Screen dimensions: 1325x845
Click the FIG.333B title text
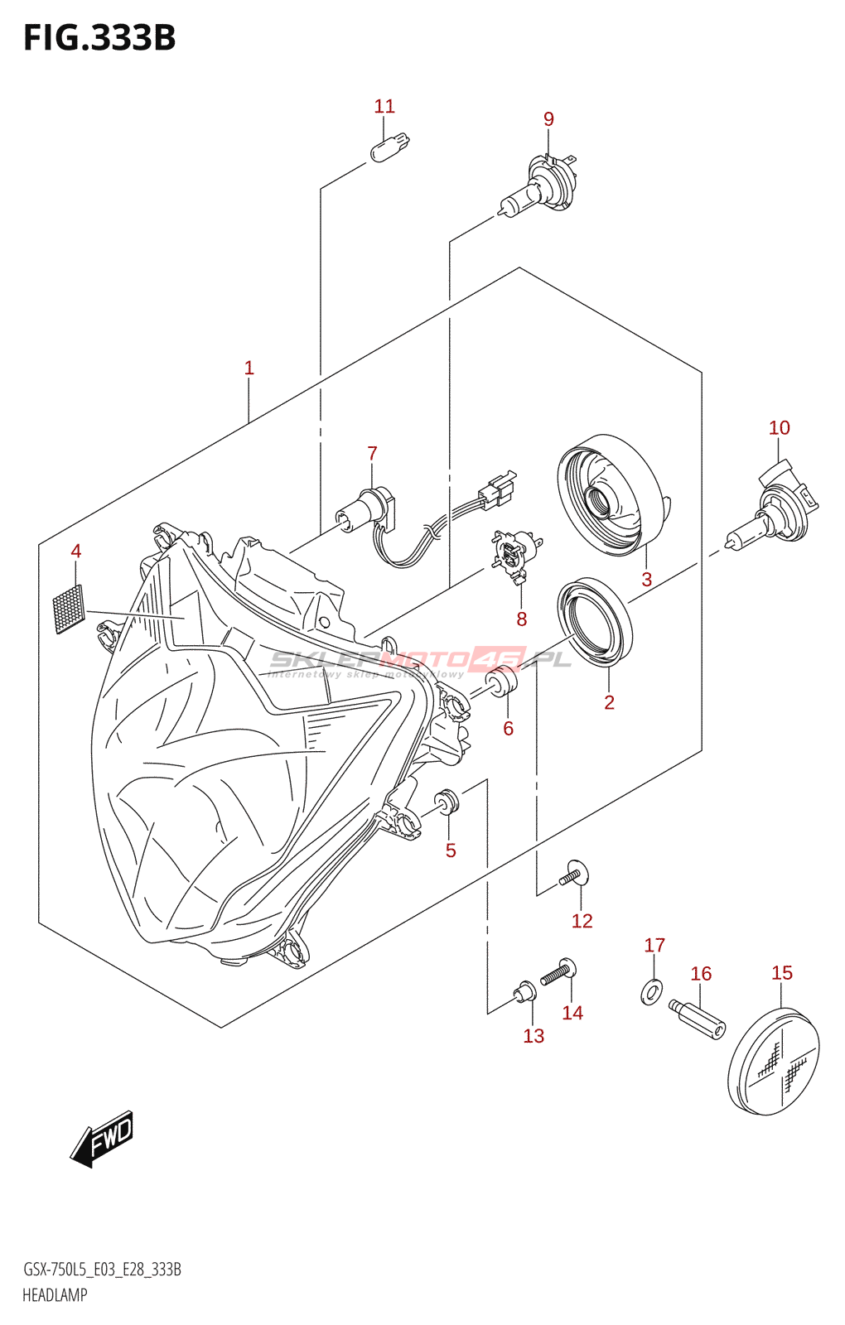99,38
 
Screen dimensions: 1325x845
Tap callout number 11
384,107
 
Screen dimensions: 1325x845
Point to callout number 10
779,428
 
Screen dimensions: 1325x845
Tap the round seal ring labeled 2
595,621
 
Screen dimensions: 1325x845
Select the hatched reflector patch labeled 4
69,609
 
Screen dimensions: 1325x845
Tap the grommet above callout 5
447,802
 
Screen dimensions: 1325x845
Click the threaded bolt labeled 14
558,972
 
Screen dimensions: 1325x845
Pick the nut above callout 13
524,990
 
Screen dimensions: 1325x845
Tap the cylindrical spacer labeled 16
697,1018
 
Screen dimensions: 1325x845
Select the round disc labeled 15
774,1061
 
